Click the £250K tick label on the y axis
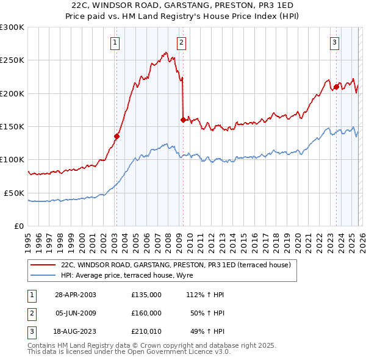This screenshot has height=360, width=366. pos(12,60)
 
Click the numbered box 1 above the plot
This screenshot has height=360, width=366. pos(115,42)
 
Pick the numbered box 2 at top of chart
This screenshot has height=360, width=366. pos(182,42)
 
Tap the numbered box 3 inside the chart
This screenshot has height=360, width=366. pos(335,42)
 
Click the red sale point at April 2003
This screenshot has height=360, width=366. pos(117,137)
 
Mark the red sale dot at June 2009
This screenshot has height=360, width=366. pos(183,120)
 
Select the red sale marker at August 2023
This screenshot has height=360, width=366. pos(336,87)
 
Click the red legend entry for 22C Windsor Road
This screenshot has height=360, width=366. pos(177,265)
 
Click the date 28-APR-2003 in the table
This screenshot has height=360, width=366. pos(76,295)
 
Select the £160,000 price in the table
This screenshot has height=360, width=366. pos(146,313)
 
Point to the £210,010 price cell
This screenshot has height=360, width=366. pos(146,331)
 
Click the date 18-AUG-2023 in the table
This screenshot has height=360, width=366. pos(76,331)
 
